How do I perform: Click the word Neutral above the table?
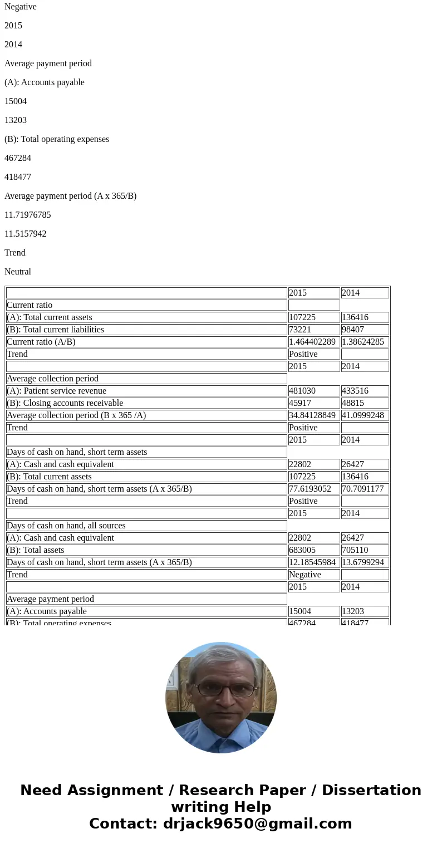(18, 272)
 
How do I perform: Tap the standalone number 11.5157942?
(26, 234)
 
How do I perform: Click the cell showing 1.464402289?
(312, 342)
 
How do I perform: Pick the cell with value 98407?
(353, 330)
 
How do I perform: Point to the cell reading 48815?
(353, 403)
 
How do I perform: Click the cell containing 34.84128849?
(312, 415)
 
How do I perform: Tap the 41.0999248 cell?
(363, 415)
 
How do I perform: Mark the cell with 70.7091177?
(363, 489)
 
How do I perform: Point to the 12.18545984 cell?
(312, 562)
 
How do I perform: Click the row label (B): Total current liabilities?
(56, 330)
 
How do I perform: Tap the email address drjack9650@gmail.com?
(257, 824)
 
